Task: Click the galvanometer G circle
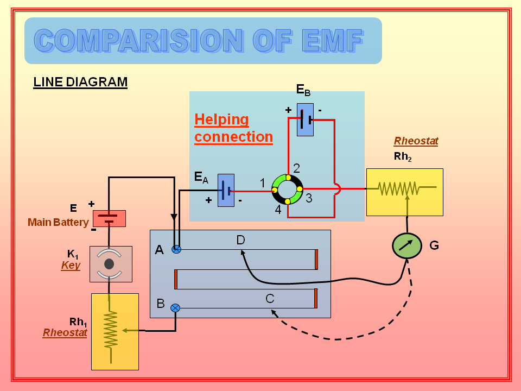click(x=407, y=246)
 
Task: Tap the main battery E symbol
click(x=109, y=218)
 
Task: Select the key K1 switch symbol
click(x=110, y=264)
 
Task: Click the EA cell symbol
click(x=226, y=191)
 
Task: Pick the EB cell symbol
click(x=305, y=119)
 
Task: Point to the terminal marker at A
click(x=176, y=249)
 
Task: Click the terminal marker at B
click(x=175, y=308)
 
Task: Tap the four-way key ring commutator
click(x=287, y=189)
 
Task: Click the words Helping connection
click(x=233, y=128)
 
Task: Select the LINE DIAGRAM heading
click(x=80, y=82)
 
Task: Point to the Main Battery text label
click(x=58, y=222)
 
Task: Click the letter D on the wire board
click(x=241, y=239)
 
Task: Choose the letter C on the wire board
click(x=270, y=298)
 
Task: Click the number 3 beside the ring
click(x=309, y=199)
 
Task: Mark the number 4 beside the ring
click(x=278, y=209)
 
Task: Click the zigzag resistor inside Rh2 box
click(x=399, y=188)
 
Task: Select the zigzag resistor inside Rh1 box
click(x=111, y=330)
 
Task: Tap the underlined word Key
click(x=71, y=265)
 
